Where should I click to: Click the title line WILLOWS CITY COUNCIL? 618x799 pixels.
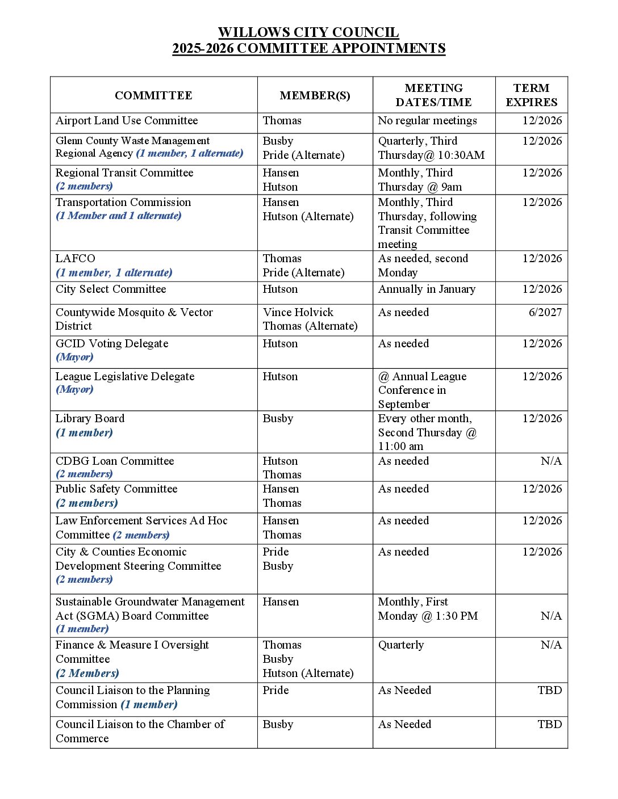pyautogui.click(x=308, y=32)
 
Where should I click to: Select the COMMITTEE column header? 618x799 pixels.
pyautogui.click(x=153, y=95)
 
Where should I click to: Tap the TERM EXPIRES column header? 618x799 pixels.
pyautogui.click(x=531, y=95)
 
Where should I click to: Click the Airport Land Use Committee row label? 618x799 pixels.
pyautogui.click(x=127, y=121)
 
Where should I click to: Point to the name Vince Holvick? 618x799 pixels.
pyautogui.click(x=298, y=312)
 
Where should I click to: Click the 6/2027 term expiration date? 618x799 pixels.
pyautogui.click(x=545, y=312)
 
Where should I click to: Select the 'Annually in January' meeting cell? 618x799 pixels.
pyautogui.click(x=427, y=289)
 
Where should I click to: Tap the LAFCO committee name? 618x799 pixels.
pyautogui.click(x=76, y=259)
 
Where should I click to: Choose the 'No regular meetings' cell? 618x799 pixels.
pyautogui.click(x=427, y=121)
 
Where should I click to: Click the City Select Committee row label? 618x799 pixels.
pyautogui.click(x=111, y=289)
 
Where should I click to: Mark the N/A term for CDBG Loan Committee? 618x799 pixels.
pyautogui.click(x=551, y=461)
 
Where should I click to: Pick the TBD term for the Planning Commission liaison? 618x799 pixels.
pyautogui.click(x=549, y=690)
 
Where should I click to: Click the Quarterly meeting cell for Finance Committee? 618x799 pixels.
pyautogui.click(x=401, y=645)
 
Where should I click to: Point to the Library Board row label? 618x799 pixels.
pyautogui.click(x=90, y=419)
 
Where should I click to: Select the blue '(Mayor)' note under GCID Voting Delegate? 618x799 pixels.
pyautogui.click(x=74, y=357)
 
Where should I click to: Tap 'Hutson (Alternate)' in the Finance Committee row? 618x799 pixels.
pyautogui.click(x=308, y=673)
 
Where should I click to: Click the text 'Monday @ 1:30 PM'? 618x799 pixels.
pyautogui.click(x=428, y=616)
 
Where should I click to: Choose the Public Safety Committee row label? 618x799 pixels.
pyautogui.click(x=116, y=489)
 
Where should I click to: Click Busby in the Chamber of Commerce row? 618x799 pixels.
pyautogui.click(x=278, y=725)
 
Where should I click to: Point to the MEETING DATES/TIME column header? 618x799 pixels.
pyautogui.click(x=433, y=95)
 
